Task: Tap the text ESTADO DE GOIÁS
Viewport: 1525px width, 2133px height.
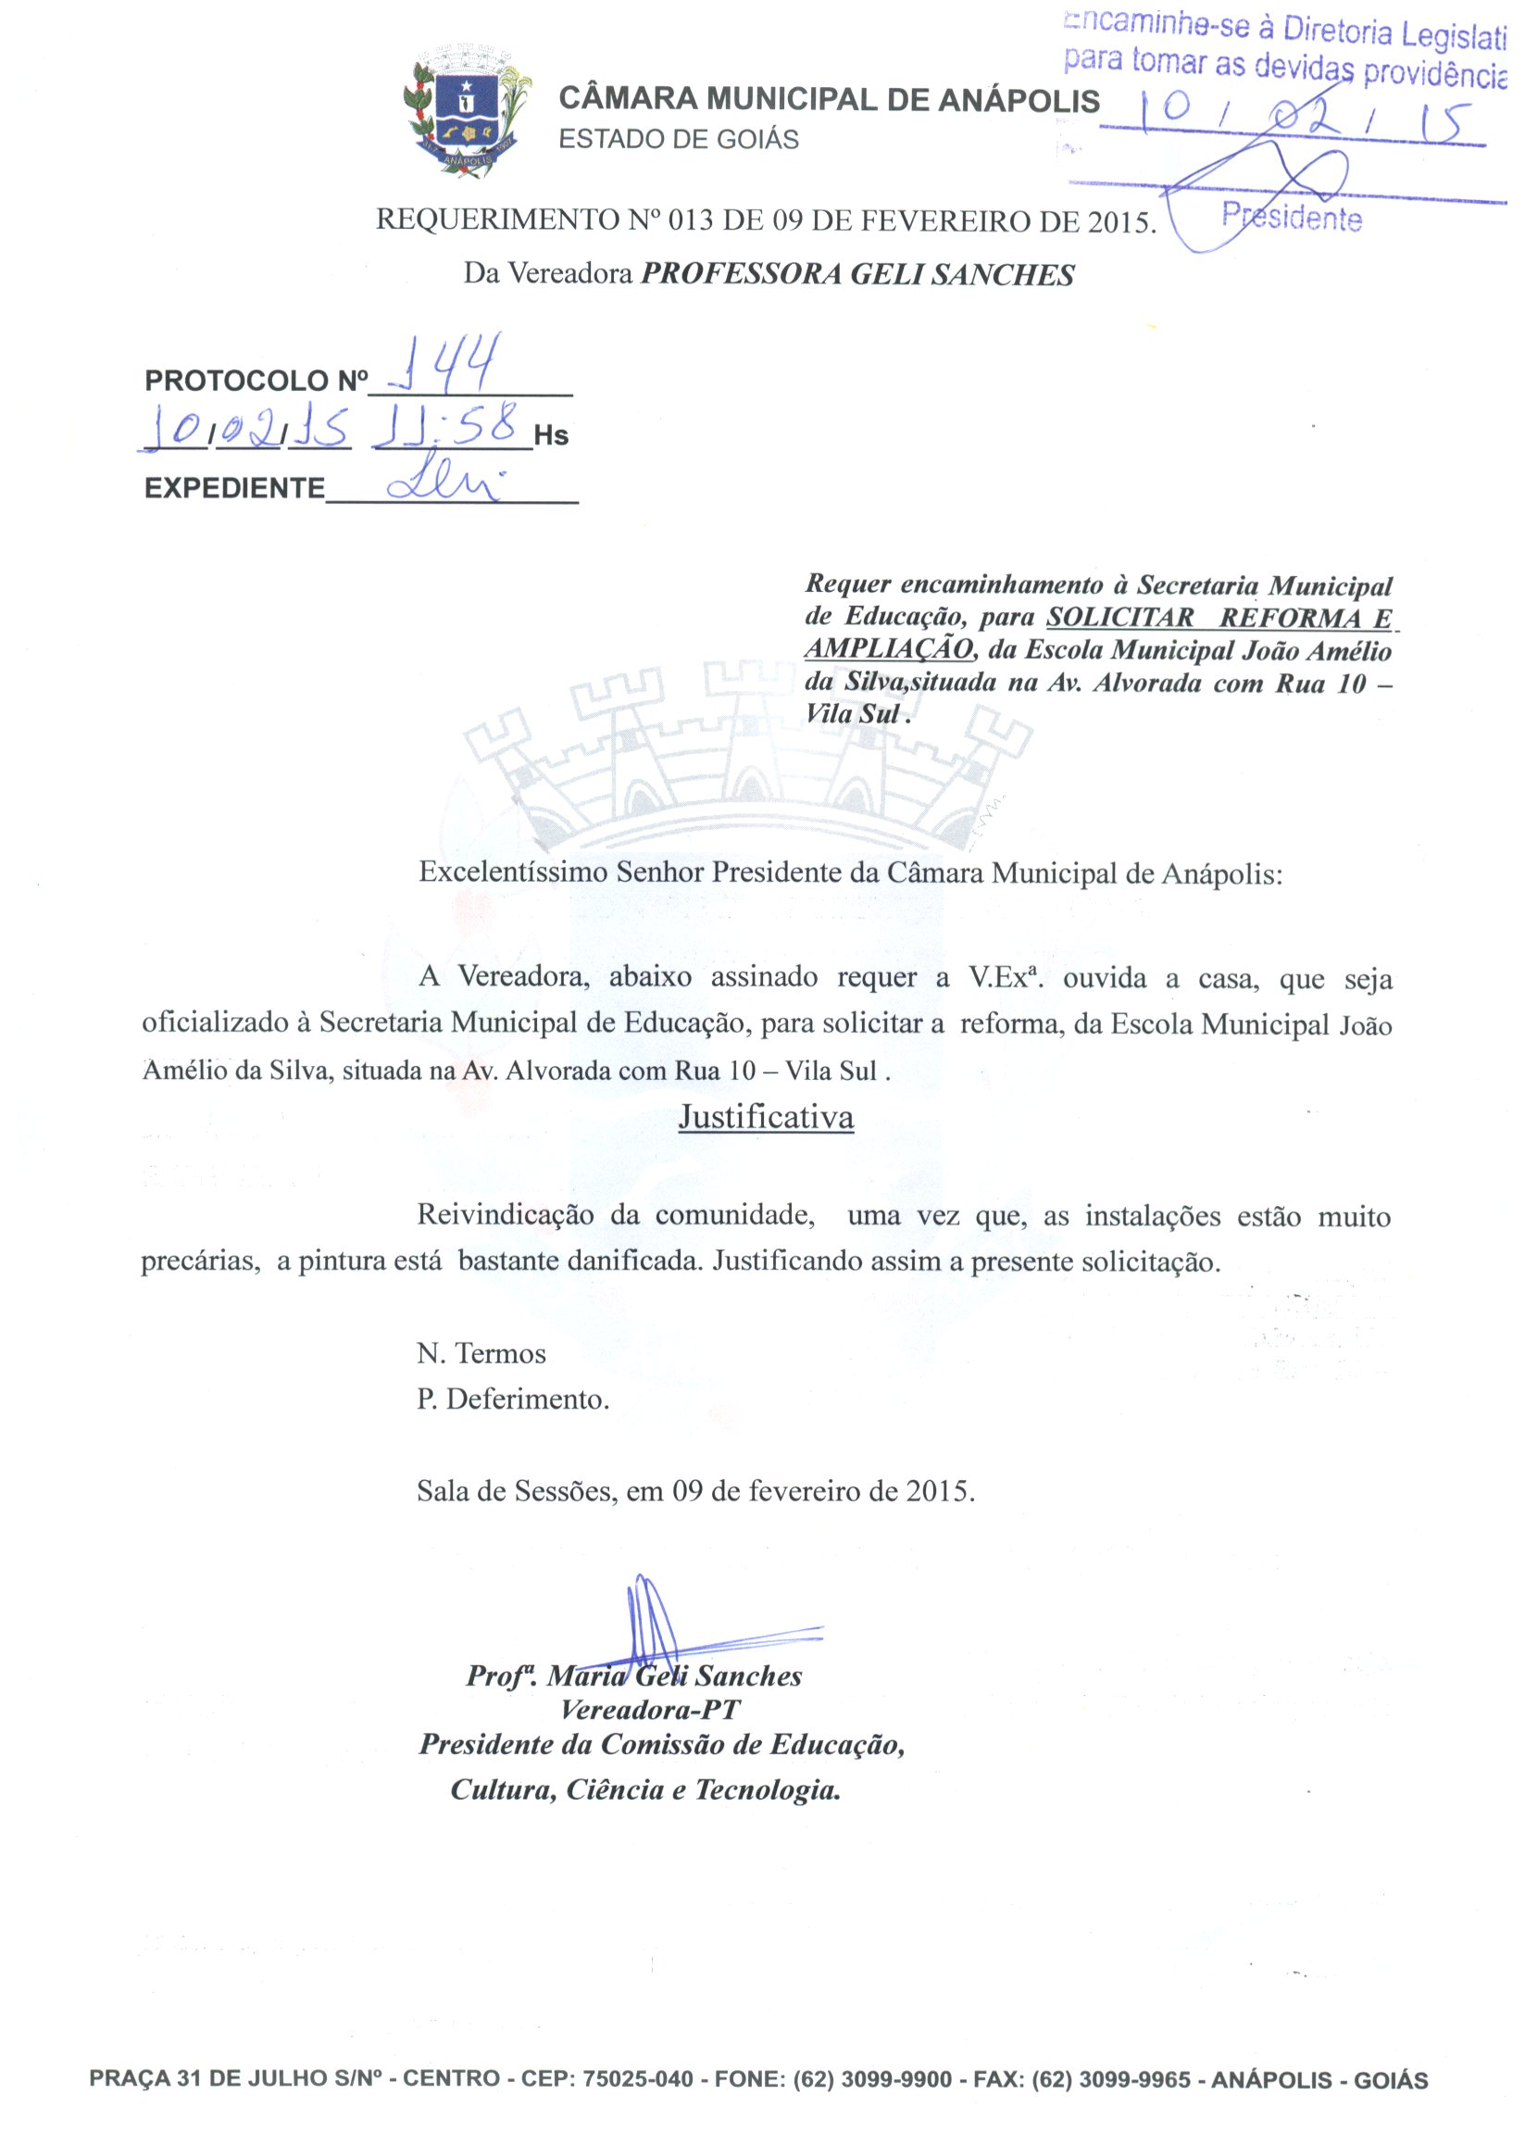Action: coord(678,140)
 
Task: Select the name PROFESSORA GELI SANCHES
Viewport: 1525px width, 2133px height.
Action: coord(857,274)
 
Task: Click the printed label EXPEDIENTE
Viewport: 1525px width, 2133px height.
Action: coord(234,488)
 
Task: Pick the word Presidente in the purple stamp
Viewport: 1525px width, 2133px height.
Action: coord(1291,218)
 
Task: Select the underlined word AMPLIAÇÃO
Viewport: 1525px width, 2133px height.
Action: coord(888,650)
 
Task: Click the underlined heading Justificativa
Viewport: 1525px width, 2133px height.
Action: coord(767,1118)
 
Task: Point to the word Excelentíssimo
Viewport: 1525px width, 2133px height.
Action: coord(513,872)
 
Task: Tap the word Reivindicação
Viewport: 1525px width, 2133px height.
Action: coord(506,1215)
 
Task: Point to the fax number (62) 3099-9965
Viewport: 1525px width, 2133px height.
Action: coord(1111,2078)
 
